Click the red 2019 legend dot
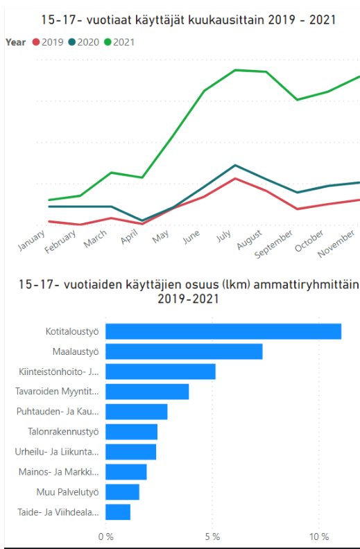click(36, 42)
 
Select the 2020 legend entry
click(83, 42)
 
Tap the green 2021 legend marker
click(108, 42)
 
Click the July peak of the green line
click(235, 70)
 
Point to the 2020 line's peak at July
click(235, 165)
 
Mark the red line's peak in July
click(235, 179)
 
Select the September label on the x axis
click(273, 244)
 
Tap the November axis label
click(336, 244)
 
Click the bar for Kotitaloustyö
click(223, 331)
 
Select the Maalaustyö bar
click(185, 351)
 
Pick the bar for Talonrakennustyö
click(132, 432)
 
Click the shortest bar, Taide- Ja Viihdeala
click(118, 512)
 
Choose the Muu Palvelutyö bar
click(123, 492)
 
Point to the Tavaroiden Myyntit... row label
click(57, 391)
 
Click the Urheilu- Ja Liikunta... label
click(57, 452)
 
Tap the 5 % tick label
click(212, 537)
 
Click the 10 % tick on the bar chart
click(319, 537)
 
